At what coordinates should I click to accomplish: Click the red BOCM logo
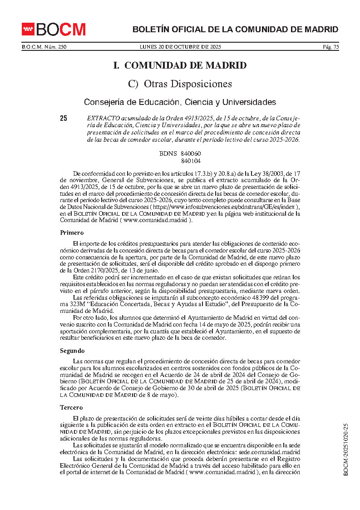[x=54, y=30]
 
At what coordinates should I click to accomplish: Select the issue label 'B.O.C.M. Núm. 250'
[x=44, y=47]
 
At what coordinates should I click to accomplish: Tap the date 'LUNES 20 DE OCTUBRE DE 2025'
[x=180, y=47]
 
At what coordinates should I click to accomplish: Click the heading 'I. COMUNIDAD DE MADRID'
[x=180, y=65]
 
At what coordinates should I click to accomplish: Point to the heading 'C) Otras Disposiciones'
[x=180, y=84]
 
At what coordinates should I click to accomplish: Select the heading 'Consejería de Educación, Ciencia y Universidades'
[x=180, y=102]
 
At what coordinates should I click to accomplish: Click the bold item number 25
[x=64, y=119]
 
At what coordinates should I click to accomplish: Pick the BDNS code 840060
[x=191, y=154]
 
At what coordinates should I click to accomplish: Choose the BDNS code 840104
[x=191, y=161]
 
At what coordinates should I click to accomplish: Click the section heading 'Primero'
[x=72, y=233]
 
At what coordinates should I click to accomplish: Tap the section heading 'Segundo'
[x=72, y=351]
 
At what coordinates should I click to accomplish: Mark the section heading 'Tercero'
[x=72, y=408]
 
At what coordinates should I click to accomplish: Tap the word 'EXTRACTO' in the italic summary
[x=102, y=118]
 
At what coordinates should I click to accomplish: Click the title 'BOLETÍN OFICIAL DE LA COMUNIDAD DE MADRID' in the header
[x=235, y=30]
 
